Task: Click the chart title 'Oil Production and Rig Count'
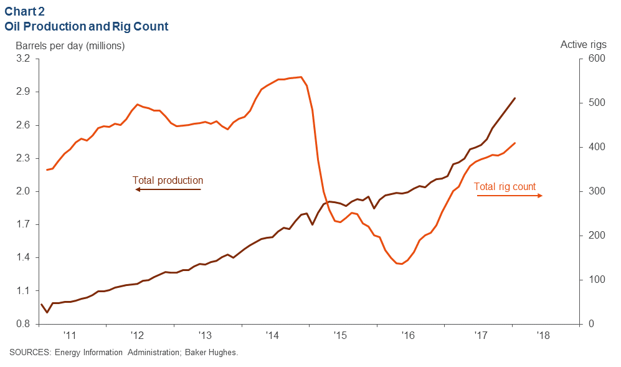87,27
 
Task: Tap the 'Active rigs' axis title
582,44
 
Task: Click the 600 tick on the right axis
597,59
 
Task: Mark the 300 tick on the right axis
597,191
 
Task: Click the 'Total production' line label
168,181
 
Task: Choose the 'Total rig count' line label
505,186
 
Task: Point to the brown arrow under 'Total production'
168,189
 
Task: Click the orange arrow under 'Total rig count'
510,196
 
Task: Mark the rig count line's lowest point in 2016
401,264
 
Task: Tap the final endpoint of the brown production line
515,98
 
